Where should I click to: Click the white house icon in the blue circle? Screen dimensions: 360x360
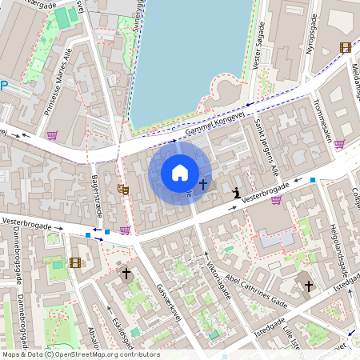tap(180, 172)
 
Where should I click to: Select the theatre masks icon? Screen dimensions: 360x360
tap(123, 190)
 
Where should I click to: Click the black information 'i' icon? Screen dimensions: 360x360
tap(237, 193)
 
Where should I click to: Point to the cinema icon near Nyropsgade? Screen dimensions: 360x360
tap(345, 47)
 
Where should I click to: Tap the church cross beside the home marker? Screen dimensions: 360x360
tap(203, 185)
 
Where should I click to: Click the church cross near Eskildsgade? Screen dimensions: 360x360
tap(126, 274)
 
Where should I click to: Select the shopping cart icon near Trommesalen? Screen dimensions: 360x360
tap(339, 145)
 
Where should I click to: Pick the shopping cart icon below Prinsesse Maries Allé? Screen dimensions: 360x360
tap(53, 135)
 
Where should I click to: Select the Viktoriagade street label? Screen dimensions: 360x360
tap(218, 279)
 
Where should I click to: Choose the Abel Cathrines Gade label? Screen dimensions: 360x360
tap(256, 291)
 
